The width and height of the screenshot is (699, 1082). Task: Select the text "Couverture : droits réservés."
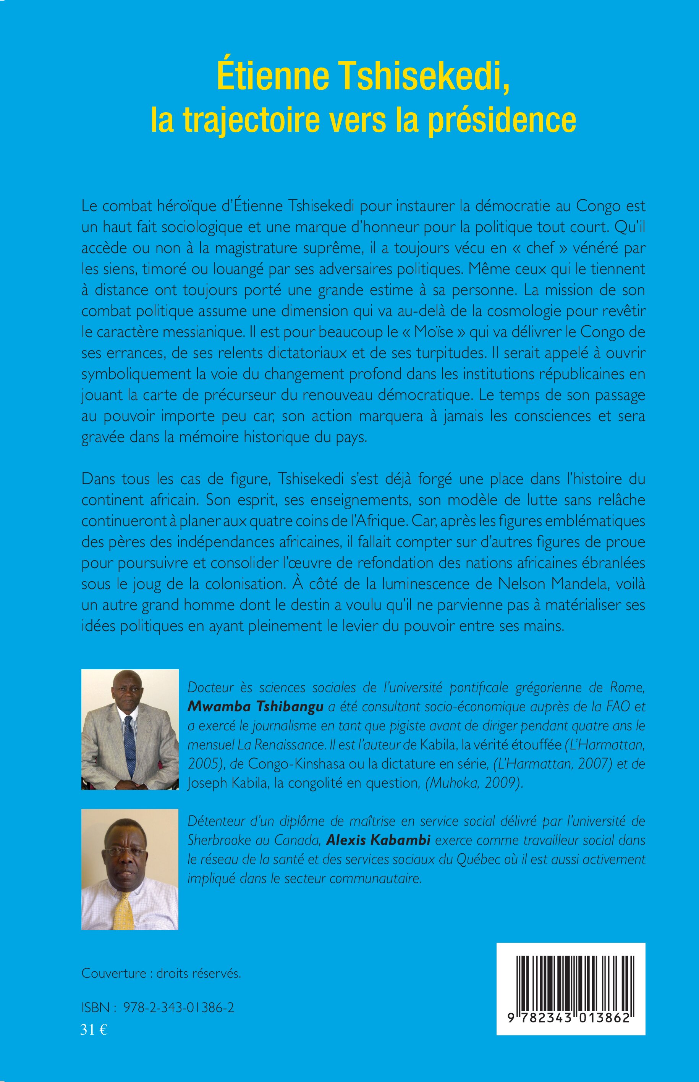point(161,974)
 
